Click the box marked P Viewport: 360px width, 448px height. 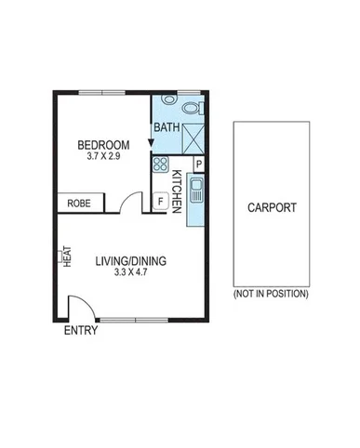pos(198,165)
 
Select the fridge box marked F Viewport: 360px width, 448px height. pos(160,200)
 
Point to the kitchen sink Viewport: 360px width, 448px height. pos(195,193)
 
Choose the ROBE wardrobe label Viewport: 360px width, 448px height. pos(77,202)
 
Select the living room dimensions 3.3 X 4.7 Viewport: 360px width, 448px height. pos(130,274)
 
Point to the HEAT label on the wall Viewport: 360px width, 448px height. pos(67,256)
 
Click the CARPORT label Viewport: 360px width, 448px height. pos(272,207)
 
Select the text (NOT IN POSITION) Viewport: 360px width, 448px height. pos(271,294)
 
